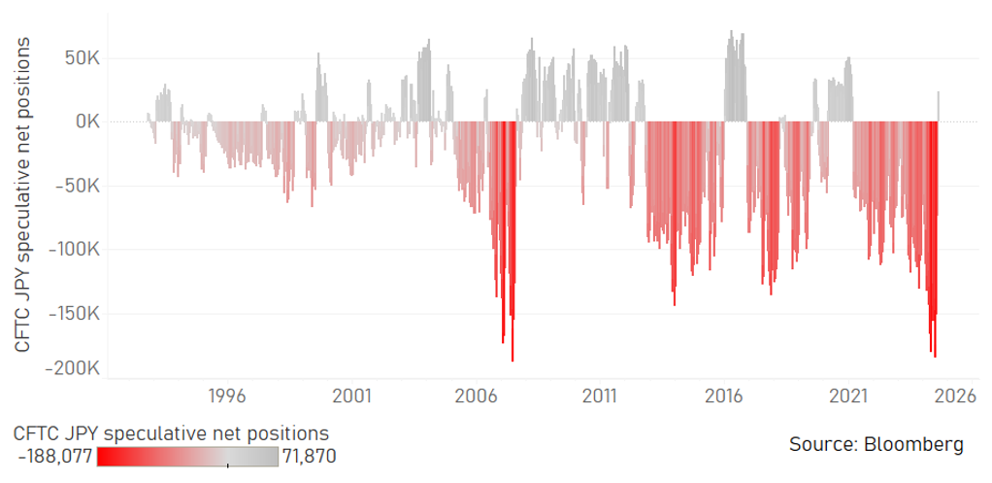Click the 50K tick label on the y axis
tap(80, 58)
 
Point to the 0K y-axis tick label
tap(85, 122)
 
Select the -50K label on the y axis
tap(77, 186)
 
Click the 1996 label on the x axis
tap(226, 397)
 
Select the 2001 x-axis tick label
tap(351, 397)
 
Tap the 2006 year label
tap(476, 397)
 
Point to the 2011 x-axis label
tap(600, 397)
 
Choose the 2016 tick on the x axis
tap(724, 397)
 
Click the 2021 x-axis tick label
tap(848, 397)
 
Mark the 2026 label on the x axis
tap(954, 397)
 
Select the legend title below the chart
tap(171, 432)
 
